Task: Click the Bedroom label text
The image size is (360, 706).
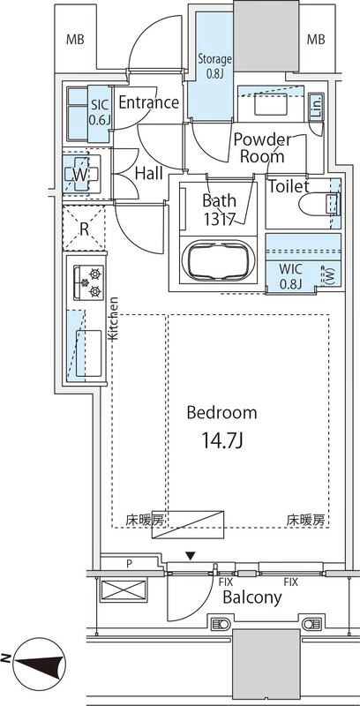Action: click(x=221, y=412)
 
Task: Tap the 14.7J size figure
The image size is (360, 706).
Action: click(x=221, y=439)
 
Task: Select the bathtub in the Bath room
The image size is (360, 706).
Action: click(x=217, y=262)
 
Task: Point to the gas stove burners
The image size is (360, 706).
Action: click(x=90, y=284)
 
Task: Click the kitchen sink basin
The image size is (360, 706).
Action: click(x=88, y=344)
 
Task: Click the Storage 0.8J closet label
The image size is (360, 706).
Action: click(x=214, y=67)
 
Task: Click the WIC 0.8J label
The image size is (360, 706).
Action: click(x=290, y=276)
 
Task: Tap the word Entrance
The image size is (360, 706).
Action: click(x=149, y=103)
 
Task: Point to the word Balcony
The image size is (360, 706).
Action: click(x=251, y=597)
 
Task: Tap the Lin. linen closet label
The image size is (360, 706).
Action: click(x=317, y=108)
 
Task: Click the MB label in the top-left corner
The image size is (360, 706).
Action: click(x=76, y=40)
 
